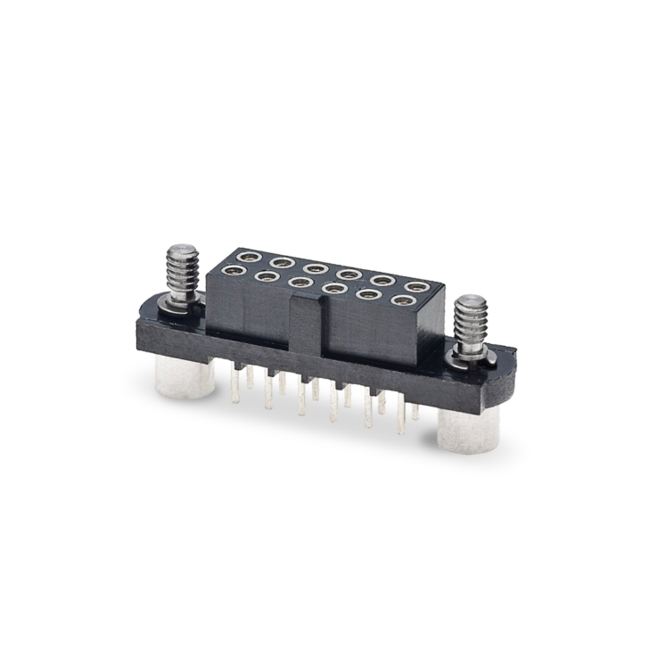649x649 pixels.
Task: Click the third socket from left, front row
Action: click(x=300, y=283)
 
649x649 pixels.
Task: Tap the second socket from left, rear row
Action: click(x=278, y=261)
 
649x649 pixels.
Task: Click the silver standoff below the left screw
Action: click(x=184, y=379)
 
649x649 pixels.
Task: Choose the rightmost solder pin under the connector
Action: click(x=415, y=413)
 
